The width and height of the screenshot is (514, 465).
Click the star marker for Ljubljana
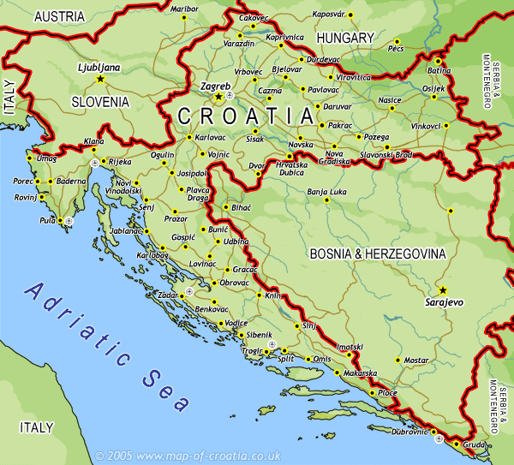(x=100, y=79)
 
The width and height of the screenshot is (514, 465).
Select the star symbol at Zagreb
(x=218, y=98)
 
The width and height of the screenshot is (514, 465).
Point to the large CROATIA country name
(x=244, y=116)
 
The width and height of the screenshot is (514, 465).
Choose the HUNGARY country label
(x=345, y=38)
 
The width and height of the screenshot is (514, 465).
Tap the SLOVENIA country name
(x=99, y=101)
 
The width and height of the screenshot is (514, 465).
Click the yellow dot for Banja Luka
(x=326, y=200)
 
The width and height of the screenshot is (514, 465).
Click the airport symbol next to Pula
(x=70, y=221)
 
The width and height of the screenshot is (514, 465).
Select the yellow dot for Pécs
(x=397, y=41)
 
